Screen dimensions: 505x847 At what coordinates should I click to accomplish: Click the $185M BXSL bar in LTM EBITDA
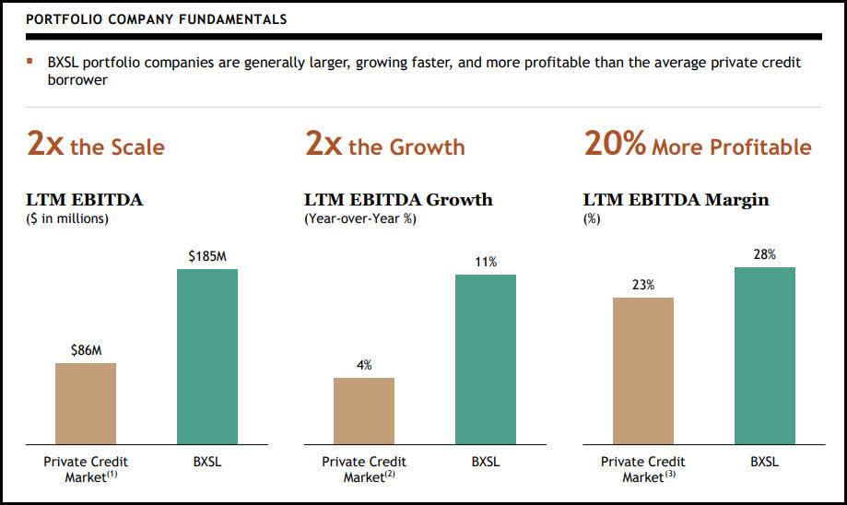[206, 357]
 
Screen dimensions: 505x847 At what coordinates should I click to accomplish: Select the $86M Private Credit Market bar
[86, 404]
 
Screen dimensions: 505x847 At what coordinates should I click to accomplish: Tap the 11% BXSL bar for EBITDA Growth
[485, 359]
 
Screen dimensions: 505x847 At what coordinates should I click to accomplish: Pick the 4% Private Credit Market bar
[364, 411]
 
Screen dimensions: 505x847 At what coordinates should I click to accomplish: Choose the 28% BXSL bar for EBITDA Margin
[765, 356]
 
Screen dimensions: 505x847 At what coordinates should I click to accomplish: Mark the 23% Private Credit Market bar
[643, 370]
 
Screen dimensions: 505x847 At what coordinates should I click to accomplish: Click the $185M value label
[206, 256]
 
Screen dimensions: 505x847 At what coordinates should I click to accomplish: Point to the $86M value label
[86, 350]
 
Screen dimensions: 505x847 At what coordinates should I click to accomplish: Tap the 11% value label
[486, 263]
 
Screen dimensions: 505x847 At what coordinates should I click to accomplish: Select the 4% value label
[364, 365]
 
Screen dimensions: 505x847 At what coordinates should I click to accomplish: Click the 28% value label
[765, 254]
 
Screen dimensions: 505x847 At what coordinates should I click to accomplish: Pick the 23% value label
[643, 285]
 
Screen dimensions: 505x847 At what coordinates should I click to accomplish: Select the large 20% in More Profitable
[615, 144]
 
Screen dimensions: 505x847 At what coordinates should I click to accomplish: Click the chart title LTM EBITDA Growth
[398, 200]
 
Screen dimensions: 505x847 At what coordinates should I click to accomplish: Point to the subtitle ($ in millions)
[67, 218]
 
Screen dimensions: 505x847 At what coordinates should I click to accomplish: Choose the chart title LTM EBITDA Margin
[676, 200]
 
